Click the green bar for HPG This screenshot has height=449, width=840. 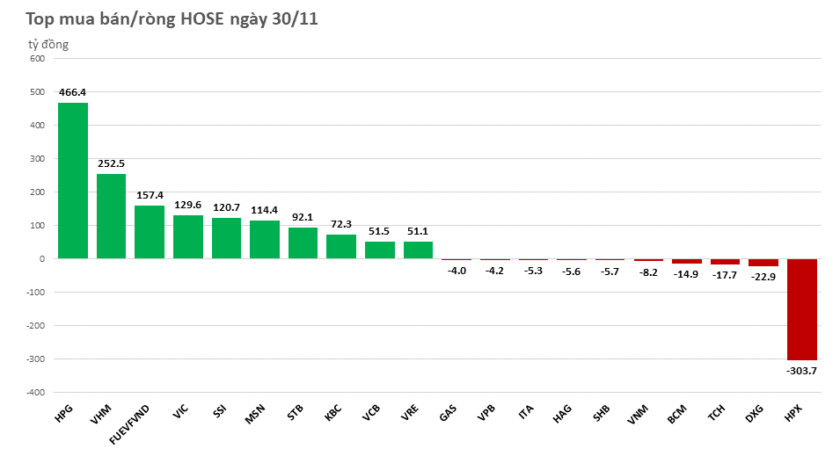[72, 181]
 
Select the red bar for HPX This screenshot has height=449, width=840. [801, 309]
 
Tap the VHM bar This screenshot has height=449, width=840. [111, 216]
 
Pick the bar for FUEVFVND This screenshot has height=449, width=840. [150, 232]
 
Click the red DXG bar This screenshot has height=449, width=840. [763, 263]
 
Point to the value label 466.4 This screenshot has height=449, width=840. [72, 92]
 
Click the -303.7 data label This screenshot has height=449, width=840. [801, 371]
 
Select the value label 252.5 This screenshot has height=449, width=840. [111, 163]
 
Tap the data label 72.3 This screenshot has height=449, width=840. [340, 224]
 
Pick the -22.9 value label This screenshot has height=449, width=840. [763, 277]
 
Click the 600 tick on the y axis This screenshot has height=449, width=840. [36, 59]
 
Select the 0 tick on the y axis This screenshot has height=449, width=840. [40, 259]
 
